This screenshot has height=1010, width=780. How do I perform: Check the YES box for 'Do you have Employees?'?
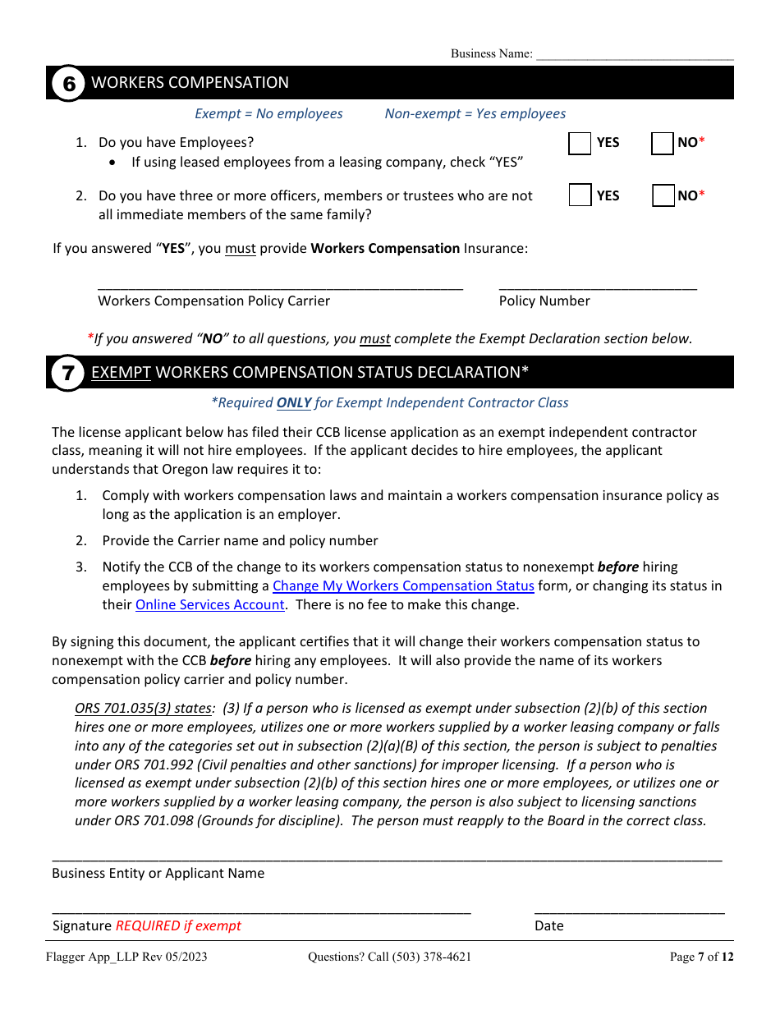click(580, 144)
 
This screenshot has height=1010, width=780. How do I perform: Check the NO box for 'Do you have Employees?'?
click(662, 144)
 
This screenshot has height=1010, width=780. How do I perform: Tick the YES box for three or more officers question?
click(580, 196)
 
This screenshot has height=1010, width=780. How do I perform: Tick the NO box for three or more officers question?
click(663, 196)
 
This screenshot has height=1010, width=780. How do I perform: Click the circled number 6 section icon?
click(69, 83)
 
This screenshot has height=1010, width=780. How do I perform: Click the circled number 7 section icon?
click(69, 373)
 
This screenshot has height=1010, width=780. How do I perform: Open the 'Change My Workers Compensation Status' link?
click(403, 585)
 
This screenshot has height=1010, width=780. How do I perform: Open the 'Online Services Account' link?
click(209, 604)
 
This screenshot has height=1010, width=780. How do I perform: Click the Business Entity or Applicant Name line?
click(386, 856)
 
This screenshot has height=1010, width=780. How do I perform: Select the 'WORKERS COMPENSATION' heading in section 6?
click(190, 83)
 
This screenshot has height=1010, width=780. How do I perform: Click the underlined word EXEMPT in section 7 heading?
click(121, 373)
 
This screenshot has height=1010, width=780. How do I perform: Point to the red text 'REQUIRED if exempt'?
click(178, 925)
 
